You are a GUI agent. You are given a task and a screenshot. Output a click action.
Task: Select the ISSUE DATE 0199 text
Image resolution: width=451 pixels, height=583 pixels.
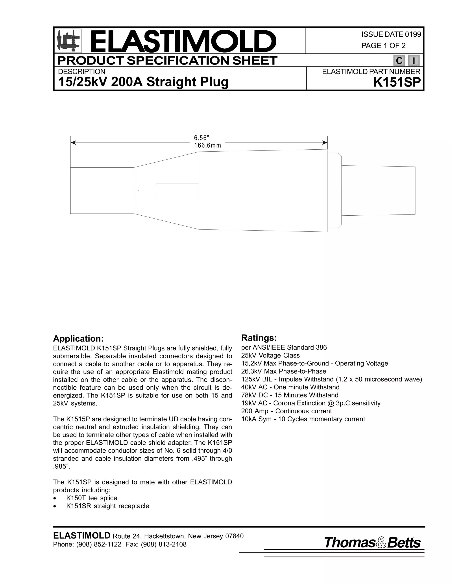[391, 35]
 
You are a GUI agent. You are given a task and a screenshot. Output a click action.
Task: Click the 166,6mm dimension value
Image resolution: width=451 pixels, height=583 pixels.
[208, 145]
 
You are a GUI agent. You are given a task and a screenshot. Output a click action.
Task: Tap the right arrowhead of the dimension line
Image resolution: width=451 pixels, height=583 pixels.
[325, 143]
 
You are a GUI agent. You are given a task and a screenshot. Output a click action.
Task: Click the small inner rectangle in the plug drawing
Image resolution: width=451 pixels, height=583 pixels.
[177, 191]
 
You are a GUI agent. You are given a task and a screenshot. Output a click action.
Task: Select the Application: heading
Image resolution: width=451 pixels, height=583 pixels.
[78, 339]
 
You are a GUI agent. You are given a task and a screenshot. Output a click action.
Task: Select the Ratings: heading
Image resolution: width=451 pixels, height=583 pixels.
[259, 338]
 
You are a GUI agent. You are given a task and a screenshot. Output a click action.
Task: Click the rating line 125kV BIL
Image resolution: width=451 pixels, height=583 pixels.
[331, 379]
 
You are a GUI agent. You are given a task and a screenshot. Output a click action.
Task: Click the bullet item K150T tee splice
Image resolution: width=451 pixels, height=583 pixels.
[91, 498]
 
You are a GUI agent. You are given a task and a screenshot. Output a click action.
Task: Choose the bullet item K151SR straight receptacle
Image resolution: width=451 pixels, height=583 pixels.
[107, 506]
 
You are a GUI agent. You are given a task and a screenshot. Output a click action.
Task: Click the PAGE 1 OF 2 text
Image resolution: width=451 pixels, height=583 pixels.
[383, 46]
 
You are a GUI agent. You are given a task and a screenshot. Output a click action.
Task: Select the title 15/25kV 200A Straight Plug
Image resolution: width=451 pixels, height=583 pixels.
[143, 82]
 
